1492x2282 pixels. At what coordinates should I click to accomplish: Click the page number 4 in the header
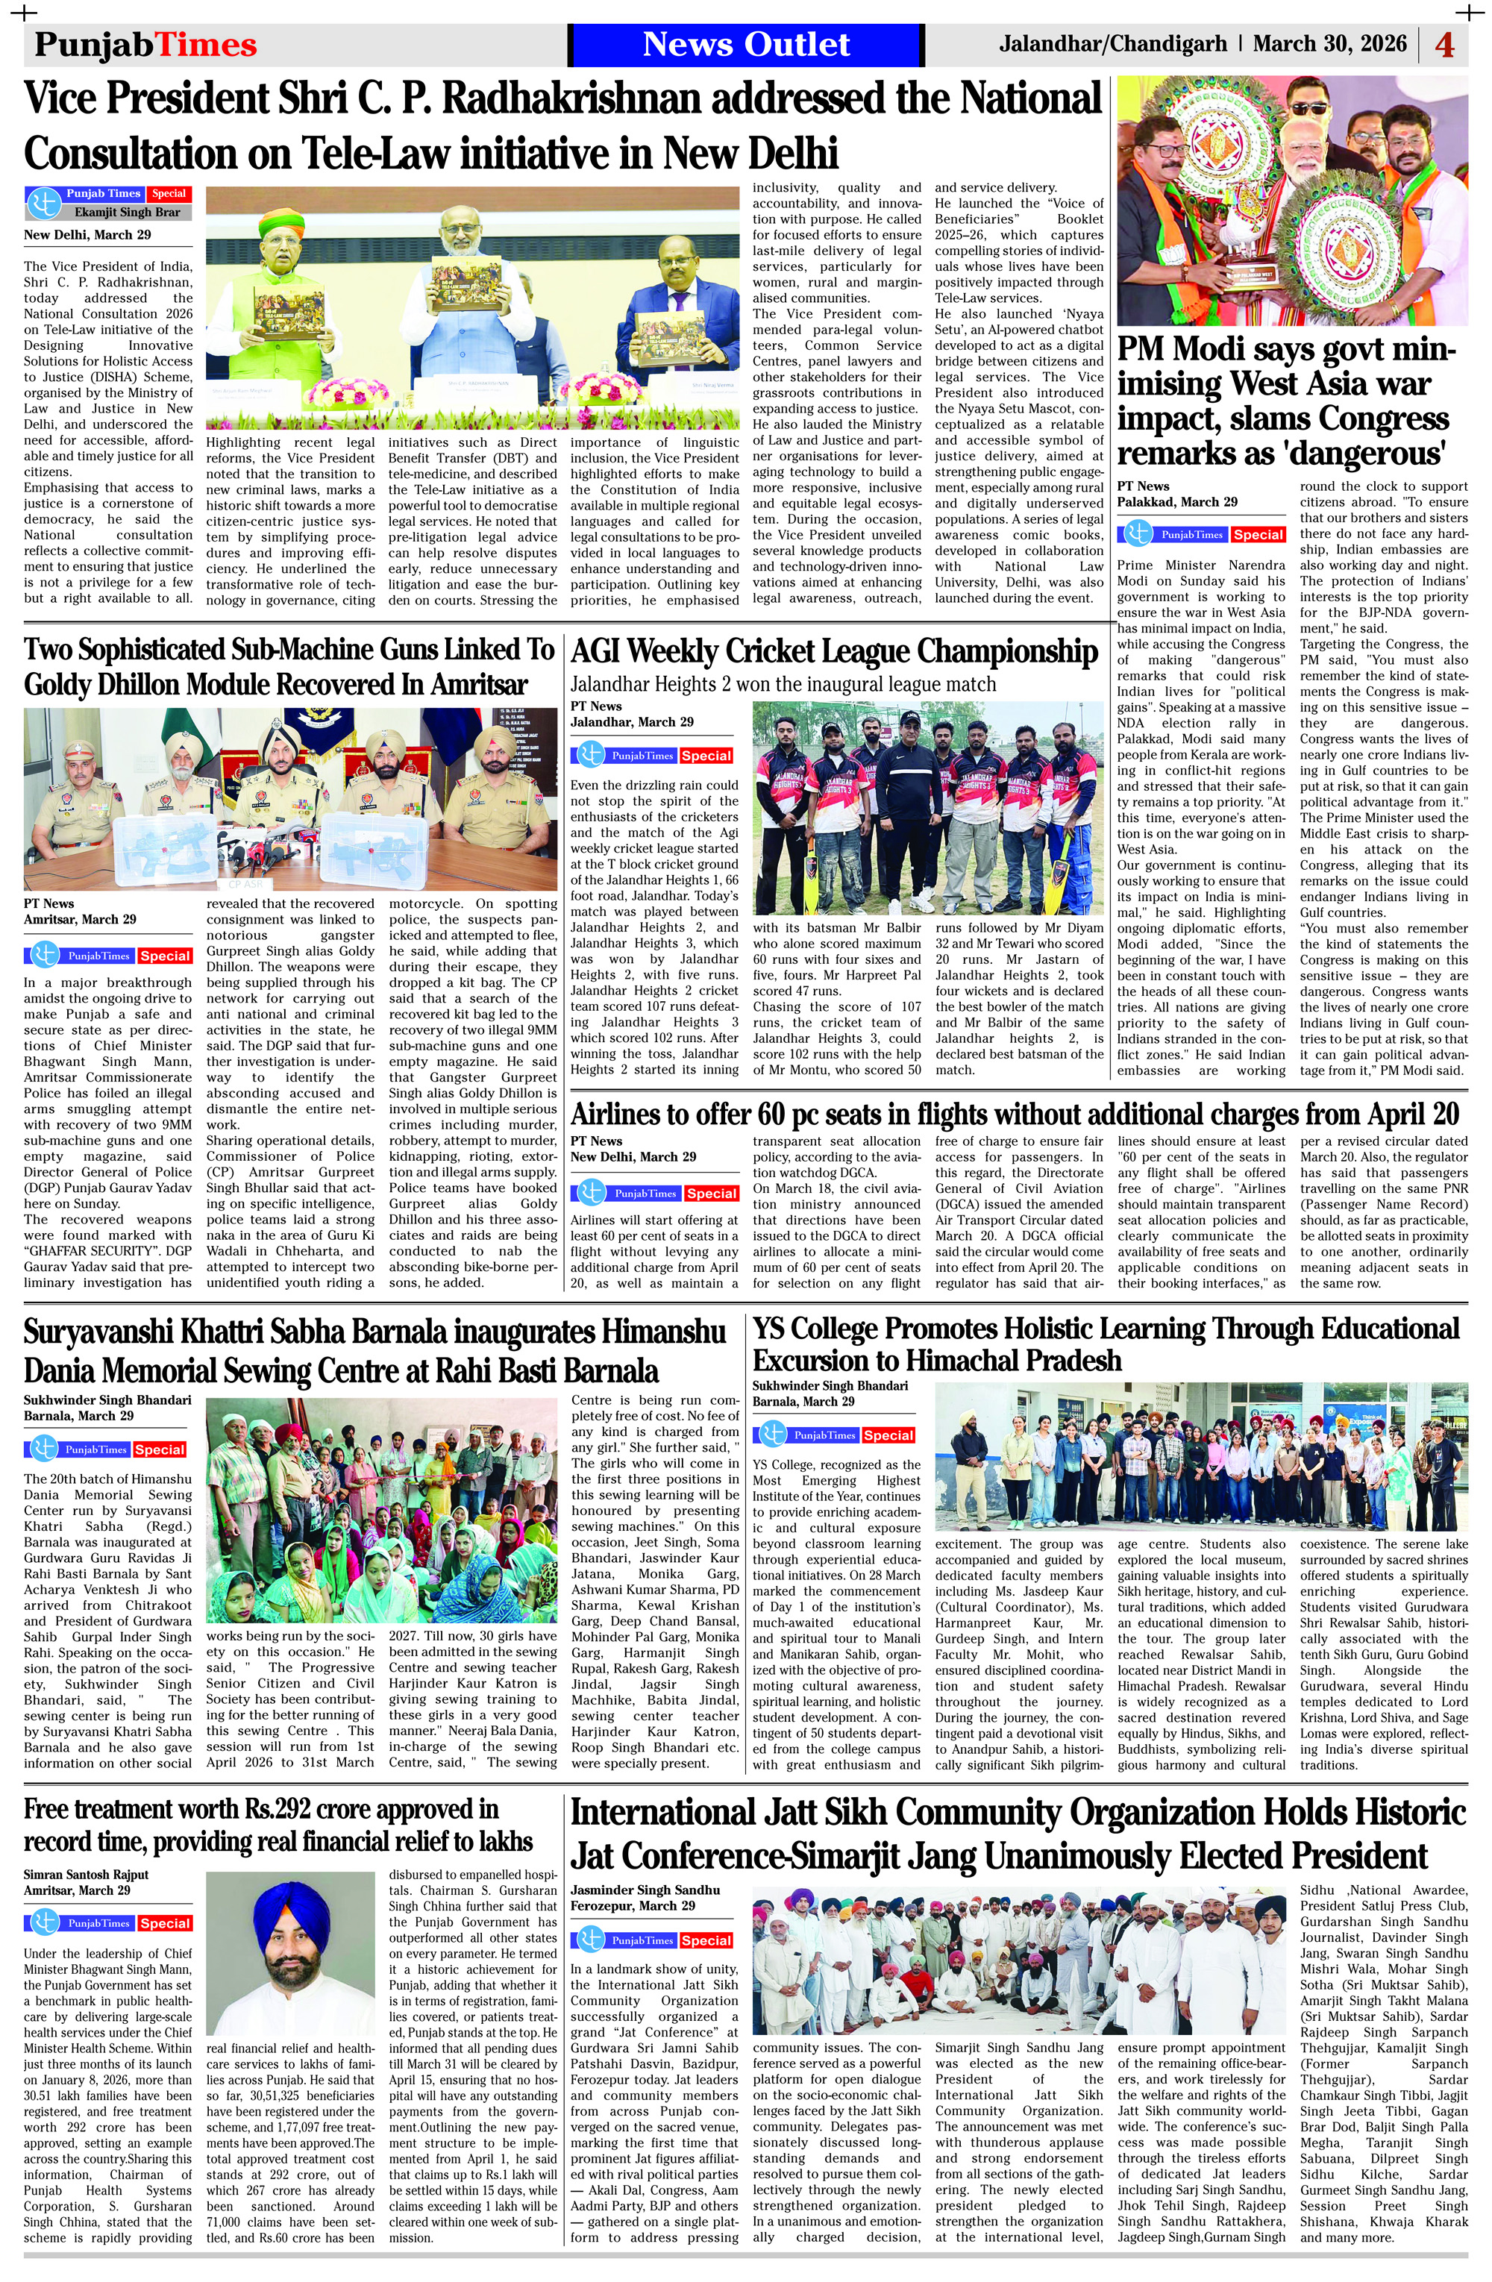coord(1444,45)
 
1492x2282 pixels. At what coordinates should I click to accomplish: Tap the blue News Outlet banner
coord(745,45)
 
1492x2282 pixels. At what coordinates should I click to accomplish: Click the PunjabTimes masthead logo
coord(145,45)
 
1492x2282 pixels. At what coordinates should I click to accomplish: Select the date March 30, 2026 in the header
coord(1329,44)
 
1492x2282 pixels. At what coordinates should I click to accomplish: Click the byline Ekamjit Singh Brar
coord(127,212)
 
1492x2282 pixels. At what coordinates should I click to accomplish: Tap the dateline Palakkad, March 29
coord(1176,501)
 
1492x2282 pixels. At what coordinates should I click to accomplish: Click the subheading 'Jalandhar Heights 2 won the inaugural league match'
coord(783,685)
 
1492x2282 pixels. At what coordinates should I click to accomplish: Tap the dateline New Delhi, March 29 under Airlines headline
coord(633,1156)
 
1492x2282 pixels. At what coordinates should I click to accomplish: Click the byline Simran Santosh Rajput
coord(87,1875)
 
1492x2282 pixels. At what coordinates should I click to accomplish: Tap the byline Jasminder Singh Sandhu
coord(645,1890)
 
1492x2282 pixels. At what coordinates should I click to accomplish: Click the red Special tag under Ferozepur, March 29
coord(706,1940)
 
